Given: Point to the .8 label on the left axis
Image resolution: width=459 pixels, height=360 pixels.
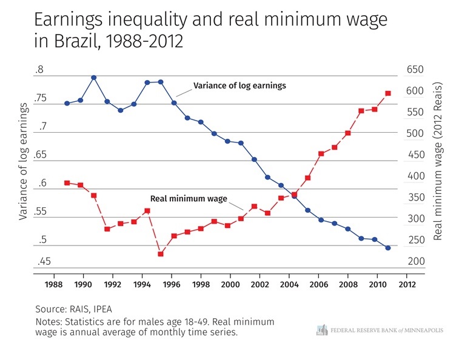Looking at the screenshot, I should pyautogui.click(x=39, y=70).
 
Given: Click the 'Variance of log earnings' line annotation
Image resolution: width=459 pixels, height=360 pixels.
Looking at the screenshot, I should pyautogui.click(x=239, y=86).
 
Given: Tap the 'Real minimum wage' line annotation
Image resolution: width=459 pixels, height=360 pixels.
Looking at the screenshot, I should pyautogui.click(x=189, y=198).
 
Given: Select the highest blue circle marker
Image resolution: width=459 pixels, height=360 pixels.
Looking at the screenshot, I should pyautogui.click(x=94, y=78).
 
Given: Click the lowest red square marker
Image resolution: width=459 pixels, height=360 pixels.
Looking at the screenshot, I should pyautogui.click(x=161, y=254).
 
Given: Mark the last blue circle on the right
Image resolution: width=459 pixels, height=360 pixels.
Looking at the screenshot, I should pyautogui.click(x=388, y=248).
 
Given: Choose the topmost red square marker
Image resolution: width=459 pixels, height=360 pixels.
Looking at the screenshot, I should pyautogui.click(x=388, y=93).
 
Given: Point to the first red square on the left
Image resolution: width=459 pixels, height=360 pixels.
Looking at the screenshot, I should pyautogui.click(x=67, y=183).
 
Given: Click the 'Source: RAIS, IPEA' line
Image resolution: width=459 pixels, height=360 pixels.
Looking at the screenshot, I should pyautogui.click(x=74, y=308).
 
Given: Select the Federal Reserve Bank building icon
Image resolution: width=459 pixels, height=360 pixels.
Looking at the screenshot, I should pyautogui.click(x=322, y=330).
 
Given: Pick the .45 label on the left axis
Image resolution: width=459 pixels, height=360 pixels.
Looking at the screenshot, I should pyautogui.click(x=44, y=262).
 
